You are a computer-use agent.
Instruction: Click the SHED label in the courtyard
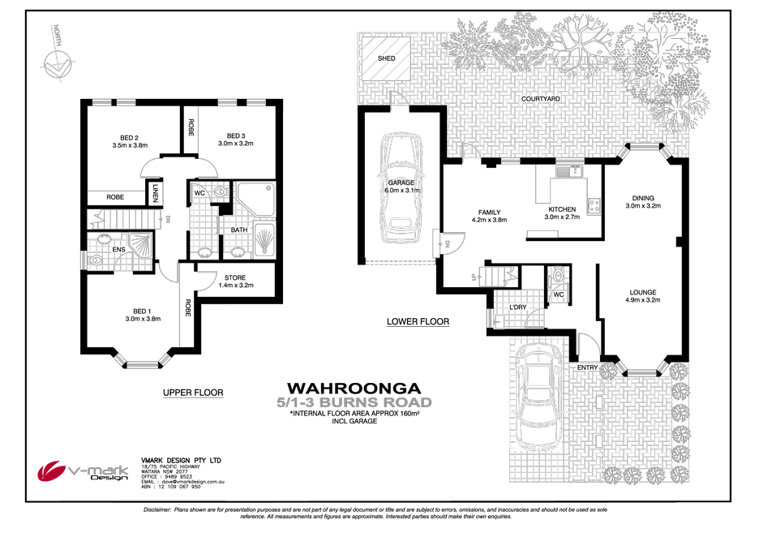point(385,59)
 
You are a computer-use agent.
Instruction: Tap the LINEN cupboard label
point(156,191)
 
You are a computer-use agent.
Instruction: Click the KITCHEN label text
point(562,209)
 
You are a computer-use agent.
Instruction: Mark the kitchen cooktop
point(594,206)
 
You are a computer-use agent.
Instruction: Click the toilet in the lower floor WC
point(558,278)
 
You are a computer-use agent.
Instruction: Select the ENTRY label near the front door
point(587,367)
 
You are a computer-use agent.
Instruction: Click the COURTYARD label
point(540,98)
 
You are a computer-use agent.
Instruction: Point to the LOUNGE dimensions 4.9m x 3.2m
point(641,300)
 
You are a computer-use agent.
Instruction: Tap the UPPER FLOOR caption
point(192,393)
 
